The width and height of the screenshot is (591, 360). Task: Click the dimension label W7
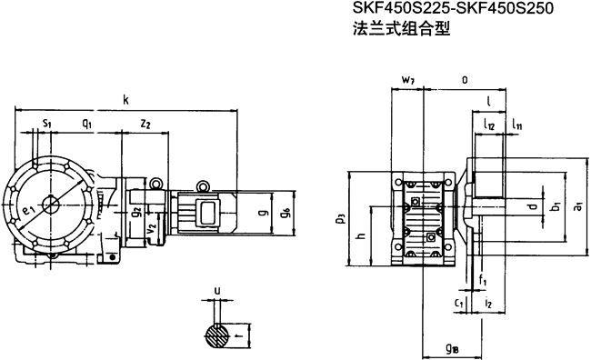[409, 81]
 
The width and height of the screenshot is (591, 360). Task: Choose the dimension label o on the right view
[465, 80]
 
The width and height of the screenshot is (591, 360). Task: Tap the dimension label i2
[488, 303]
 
